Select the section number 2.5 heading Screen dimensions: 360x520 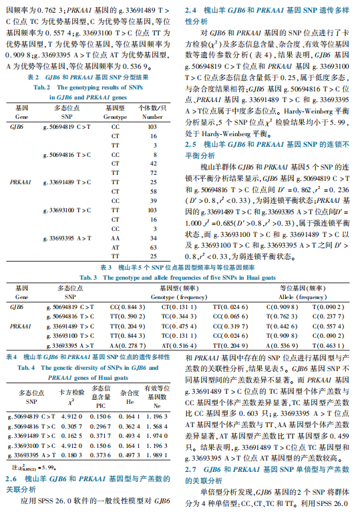pyautogui.click(x=190, y=144)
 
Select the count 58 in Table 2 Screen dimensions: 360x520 pyautogui.click(x=153, y=191)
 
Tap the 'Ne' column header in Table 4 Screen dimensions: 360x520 pyautogui.click(x=158, y=405)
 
